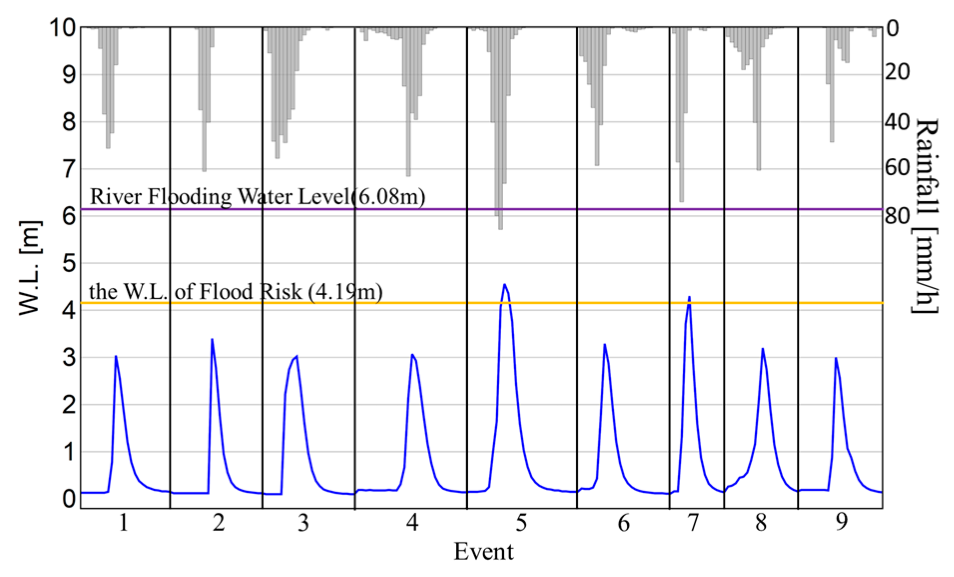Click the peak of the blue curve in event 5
(x=505, y=285)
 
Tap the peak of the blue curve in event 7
(x=689, y=297)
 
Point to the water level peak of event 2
(x=212, y=340)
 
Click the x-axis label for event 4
(x=412, y=523)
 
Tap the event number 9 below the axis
(x=841, y=523)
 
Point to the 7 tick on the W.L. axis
(x=68, y=169)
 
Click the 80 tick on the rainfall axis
(x=898, y=216)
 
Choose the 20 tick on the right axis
(x=898, y=73)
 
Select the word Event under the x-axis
(x=483, y=552)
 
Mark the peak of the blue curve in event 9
(x=835, y=358)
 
